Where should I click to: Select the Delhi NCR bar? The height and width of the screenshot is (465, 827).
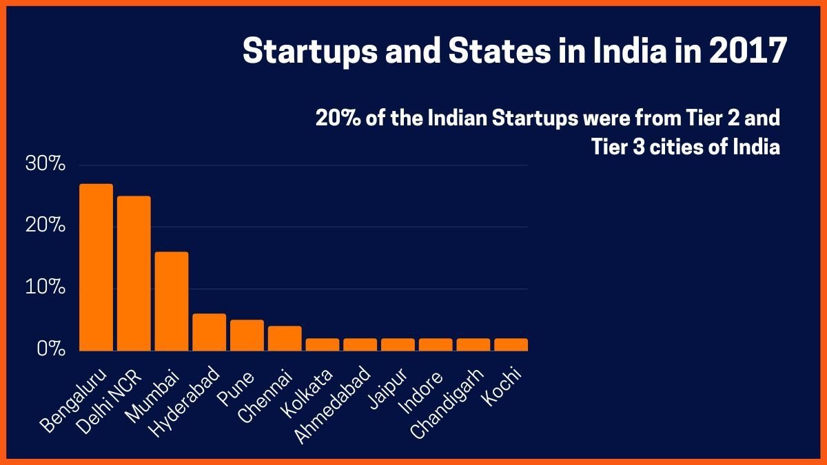pos(134,273)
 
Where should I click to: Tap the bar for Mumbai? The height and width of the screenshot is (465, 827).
pos(172,301)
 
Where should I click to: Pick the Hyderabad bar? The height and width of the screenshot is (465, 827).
pos(209,332)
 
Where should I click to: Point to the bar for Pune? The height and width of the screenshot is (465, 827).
pos(247,335)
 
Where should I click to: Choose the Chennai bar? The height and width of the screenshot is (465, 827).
pos(285,338)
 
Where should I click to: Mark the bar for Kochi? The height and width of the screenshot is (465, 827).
pos(511,344)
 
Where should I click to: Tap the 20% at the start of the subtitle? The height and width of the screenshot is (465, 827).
pos(334,118)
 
